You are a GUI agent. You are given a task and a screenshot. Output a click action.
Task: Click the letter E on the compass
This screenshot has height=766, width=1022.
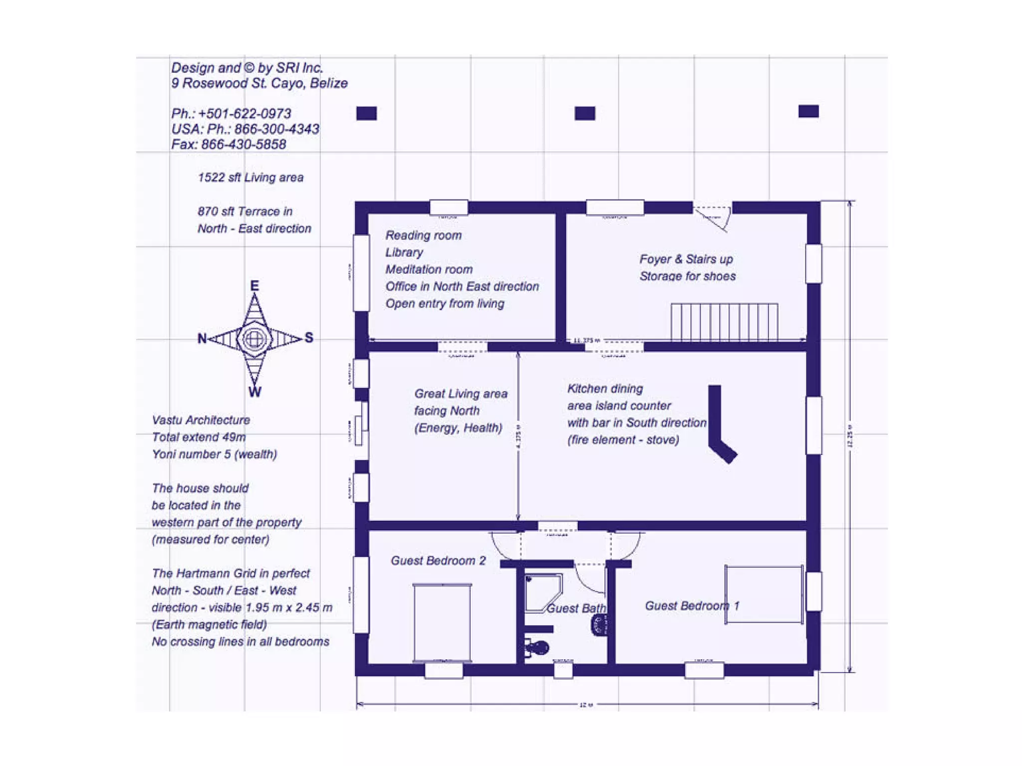click(x=255, y=286)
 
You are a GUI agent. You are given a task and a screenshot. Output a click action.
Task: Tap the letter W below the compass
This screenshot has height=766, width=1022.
click(x=255, y=392)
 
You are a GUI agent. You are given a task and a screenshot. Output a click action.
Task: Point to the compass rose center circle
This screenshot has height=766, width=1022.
click(x=255, y=339)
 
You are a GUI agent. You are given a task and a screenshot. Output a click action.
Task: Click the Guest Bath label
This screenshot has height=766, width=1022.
click(x=576, y=608)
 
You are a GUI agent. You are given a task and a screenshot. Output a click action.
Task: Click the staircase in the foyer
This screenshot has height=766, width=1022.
click(x=724, y=322)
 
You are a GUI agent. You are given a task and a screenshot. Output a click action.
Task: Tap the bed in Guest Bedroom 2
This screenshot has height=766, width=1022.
click(x=442, y=623)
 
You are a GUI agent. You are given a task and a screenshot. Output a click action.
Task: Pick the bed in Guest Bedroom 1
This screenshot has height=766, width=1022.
click(x=764, y=594)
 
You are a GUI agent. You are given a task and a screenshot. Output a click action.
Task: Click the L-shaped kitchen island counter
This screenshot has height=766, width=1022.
click(x=719, y=424)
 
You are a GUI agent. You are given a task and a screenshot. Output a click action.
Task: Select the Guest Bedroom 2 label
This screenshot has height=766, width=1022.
click(x=438, y=561)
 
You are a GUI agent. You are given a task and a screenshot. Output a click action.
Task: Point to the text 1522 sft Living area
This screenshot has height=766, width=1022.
click(x=251, y=178)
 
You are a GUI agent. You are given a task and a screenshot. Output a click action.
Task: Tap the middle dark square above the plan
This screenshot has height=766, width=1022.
click(x=585, y=114)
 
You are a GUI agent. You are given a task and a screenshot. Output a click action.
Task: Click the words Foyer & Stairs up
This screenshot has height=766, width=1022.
click(x=686, y=259)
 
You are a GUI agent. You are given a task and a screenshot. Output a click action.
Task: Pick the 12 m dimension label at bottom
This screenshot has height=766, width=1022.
click(x=586, y=705)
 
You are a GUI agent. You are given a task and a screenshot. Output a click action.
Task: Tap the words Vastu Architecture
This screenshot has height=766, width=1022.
click(x=201, y=420)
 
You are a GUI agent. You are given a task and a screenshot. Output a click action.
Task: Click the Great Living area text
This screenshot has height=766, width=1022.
click(x=461, y=394)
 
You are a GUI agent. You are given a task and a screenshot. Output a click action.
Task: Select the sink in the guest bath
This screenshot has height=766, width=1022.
click(x=598, y=625)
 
